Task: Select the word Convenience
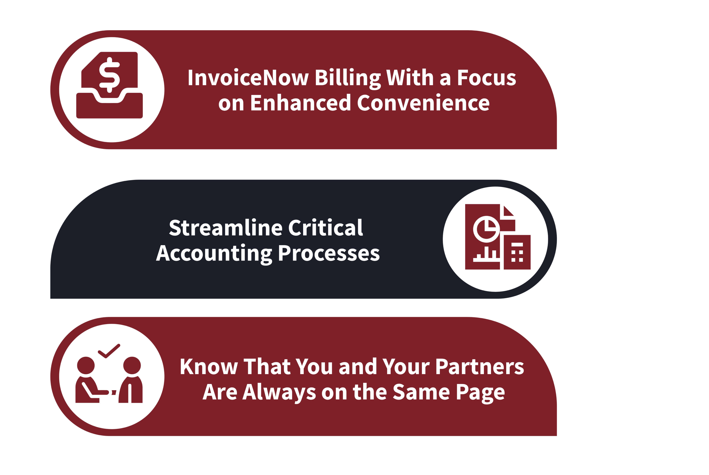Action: pos(423,103)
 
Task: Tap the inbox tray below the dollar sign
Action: pos(109,106)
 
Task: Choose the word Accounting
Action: pos(214,254)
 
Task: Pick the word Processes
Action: pos(329,254)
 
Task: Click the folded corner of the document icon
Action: pos(508,211)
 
